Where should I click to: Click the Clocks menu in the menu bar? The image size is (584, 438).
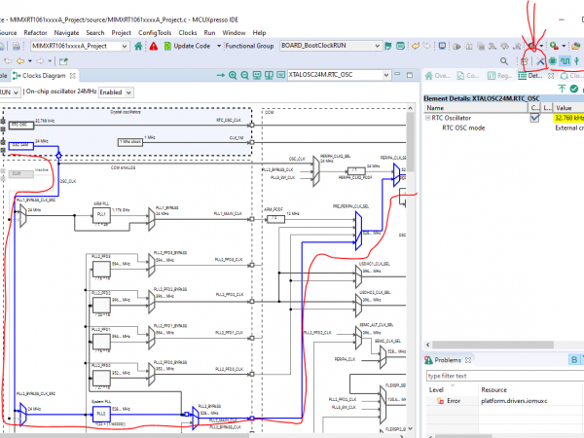[188, 32]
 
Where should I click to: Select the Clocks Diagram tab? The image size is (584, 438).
[44, 75]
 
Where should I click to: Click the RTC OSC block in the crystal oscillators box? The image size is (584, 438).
[18, 124]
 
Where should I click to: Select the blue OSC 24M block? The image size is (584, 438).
[18, 143]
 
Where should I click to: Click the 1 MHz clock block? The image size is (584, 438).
[131, 142]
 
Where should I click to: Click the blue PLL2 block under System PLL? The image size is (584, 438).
[100, 414]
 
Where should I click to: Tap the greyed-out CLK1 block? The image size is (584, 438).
[18, 172]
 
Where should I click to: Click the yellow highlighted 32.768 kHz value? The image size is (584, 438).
[567, 118]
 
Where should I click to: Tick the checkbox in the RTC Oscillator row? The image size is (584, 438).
[534, 118]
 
